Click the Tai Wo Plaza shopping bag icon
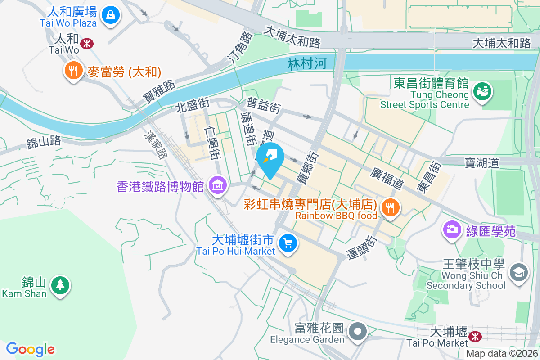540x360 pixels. [x=110, y=15]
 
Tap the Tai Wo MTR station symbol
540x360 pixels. [x=87, y=43]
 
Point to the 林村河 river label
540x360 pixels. [x=307, y=64]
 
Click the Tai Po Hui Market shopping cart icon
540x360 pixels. [x=288, y=243]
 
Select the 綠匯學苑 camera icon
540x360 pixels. [x=451, y=229]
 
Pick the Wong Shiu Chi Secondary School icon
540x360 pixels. [x=519, y=272]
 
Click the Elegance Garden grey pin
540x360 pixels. [x=358, y=332]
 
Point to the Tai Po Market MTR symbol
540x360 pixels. [x=474, y=336]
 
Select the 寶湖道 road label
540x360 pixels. [x=482, y=162]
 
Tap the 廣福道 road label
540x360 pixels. [x=387, y=178]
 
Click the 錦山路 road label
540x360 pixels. [x=44, y=143]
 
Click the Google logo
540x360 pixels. [x=30, y=349]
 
